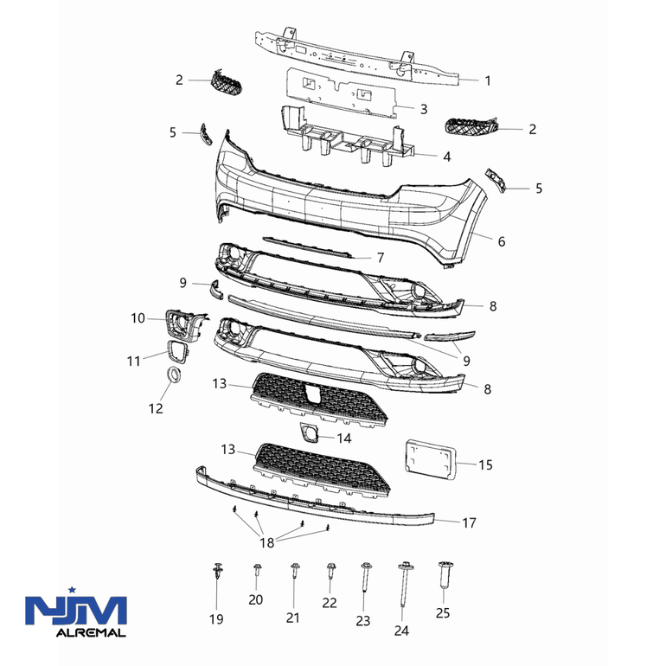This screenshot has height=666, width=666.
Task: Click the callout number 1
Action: pos(488,80)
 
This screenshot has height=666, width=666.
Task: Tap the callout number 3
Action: pos(424,109)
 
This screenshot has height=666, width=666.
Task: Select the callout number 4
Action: pos(446,157)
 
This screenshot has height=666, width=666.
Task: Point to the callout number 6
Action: pos(502,241)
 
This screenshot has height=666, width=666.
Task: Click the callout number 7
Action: pos(381,258)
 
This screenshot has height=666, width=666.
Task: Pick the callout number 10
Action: pos(138,318)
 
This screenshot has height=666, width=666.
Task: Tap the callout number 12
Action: pos(156,408)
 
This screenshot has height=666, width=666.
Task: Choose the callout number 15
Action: pos(485,464)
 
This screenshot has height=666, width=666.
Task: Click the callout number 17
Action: pos(469,522)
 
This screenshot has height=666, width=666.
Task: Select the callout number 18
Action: pos(266,542)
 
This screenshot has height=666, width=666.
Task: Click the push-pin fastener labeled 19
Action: pos(218,571)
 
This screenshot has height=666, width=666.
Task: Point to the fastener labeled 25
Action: pos(445,573)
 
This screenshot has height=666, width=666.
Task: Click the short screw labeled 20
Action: pos(257,569)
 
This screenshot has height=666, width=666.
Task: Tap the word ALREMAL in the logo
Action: pos(91,633)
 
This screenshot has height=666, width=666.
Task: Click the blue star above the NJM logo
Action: pos(72,590)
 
